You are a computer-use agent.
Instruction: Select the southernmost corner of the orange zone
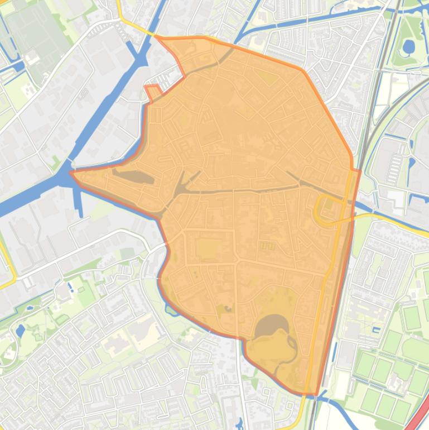pyautogui.click(x=316, y=394)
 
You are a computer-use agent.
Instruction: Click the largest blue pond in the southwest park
pyautogui.click(x=21, y=331)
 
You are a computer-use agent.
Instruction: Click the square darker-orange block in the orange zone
pyautogui.click(x=208, y=249)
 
